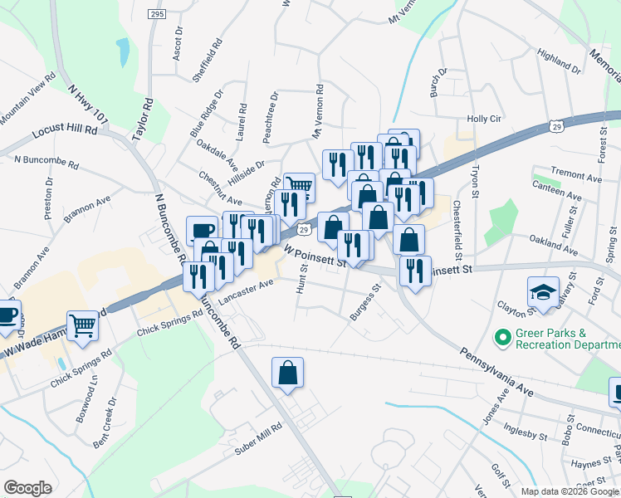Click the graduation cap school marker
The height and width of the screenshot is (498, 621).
[543, 292]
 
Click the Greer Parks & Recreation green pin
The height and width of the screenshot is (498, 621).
[501, 338]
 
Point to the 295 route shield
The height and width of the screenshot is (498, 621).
[158, 14]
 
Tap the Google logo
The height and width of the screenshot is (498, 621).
[27, 488]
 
